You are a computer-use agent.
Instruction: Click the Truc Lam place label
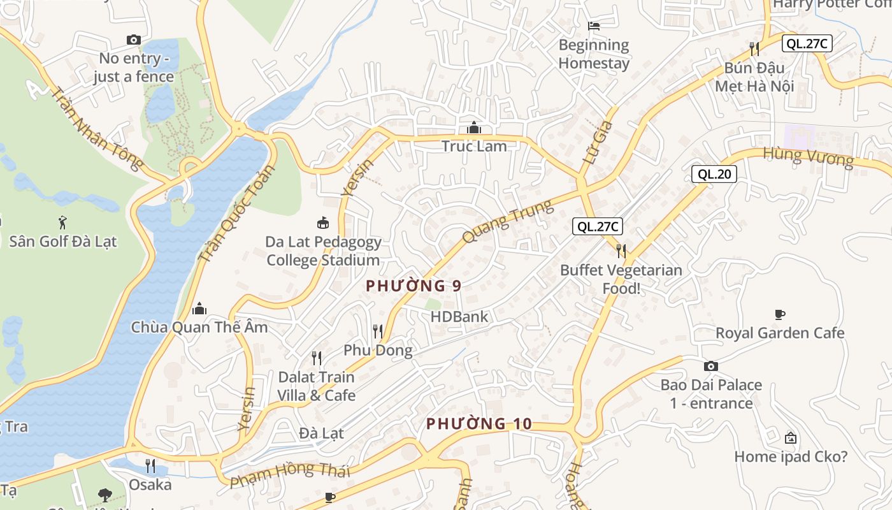click(474, 146)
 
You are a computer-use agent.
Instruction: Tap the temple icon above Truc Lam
click(473, 127)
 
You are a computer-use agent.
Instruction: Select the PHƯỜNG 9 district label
click(414, 286)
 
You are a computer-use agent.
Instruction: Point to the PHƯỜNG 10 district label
click(478, 423)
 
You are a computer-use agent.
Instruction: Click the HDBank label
click(459, 316)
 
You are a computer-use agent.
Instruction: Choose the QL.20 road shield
click(714, 174)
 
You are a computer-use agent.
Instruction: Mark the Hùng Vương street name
click(808, 156)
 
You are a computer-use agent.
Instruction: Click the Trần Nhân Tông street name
click(96, 129)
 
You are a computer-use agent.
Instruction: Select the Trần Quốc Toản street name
click(236, 214)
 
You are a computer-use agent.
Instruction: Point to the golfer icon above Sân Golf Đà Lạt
click(62, 222)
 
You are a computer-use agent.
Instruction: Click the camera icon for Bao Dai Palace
click(711, 366)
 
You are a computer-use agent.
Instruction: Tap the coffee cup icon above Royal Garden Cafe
click(780, 314)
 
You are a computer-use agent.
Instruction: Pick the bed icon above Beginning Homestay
click(594, 26)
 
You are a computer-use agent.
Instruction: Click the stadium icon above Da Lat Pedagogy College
click(323, 222)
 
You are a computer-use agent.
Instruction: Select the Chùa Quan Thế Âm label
click(199, 327)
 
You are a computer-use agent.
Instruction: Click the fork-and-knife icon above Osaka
click(150, 466)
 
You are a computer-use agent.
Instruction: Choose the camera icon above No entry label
click(133, 40)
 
